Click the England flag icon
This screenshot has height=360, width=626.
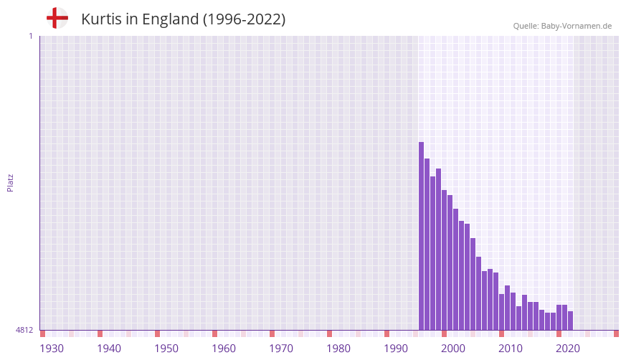coord(57,18)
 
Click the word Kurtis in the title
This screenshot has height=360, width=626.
coord(101,19)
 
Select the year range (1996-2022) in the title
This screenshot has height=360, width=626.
coord(244,19)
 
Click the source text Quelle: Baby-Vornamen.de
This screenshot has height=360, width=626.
coord(562,26)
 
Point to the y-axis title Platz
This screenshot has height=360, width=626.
coord(10,182)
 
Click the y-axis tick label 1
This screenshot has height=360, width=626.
coord(30,36)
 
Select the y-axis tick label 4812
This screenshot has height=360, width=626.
coord(24,330)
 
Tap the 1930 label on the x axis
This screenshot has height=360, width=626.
coord(52,349)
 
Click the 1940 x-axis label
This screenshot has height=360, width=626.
coord(109,349)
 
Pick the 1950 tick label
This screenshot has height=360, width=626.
coord(166,349)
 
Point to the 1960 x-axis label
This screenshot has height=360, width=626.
coord(224,349)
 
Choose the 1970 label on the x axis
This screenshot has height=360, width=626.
coord(281,349)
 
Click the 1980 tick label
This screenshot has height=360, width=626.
coord(338,349)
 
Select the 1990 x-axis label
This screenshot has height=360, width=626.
coord(396,349)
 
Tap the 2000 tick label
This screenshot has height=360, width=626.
coord(453,349)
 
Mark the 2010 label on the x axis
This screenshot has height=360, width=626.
coord(511,349)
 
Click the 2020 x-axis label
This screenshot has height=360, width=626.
coord(568,349)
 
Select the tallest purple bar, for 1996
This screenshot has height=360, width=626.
coord(422,237)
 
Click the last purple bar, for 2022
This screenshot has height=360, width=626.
coord(571,321)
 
